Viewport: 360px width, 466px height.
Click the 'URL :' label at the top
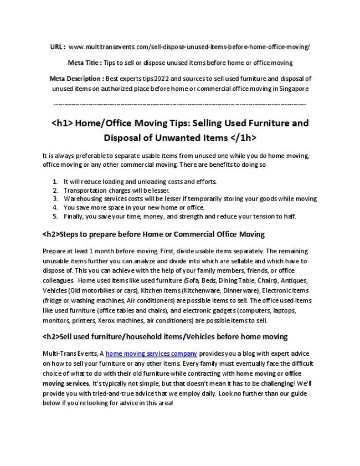pos(58,47)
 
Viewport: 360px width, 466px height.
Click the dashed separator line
pos(179,104)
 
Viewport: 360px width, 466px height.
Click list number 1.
pos(55,181)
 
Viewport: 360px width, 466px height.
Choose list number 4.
pos(55,207)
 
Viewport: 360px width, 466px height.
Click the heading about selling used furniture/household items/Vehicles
pos(165,337)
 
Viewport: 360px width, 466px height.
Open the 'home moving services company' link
pos(151,353)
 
